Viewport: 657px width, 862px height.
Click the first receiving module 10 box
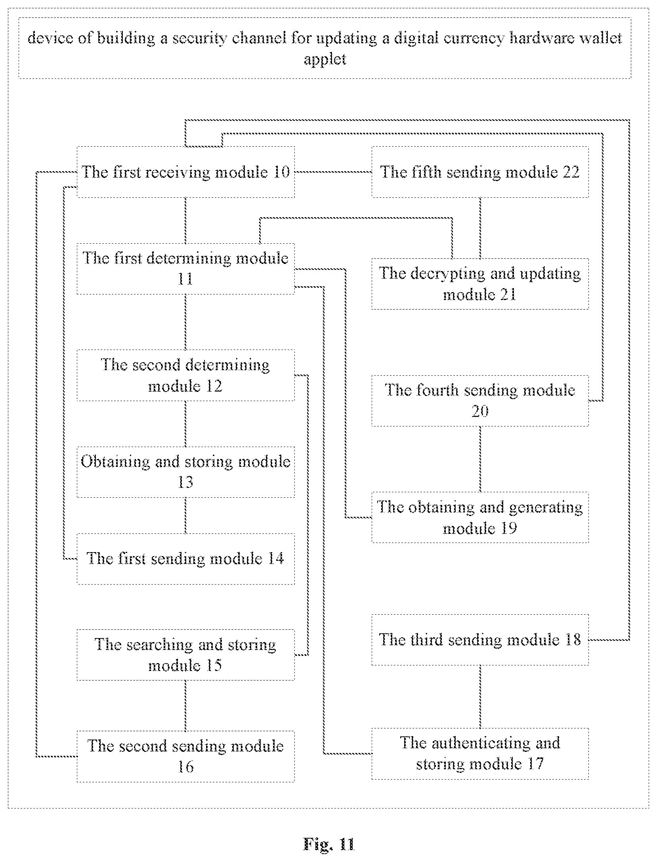click(185, 172)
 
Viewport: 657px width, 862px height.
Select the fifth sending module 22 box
click(480, 172)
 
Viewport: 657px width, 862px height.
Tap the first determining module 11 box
click(185, 269)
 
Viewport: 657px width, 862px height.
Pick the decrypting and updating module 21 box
click(480, 284)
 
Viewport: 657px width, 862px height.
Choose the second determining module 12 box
click(185, 375)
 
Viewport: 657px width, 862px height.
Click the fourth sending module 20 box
click(480, 401)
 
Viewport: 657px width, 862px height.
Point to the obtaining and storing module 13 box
click(185, 472)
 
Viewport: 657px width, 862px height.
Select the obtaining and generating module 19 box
click(480, 517)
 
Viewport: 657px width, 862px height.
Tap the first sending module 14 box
click(185, 558)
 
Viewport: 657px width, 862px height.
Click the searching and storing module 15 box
click(185, 655)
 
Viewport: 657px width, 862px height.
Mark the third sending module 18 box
click(480, 640)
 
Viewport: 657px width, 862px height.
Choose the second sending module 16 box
click(185, 756)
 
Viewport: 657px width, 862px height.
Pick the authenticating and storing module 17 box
click(480, 753)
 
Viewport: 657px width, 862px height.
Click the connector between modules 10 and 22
click(333, 172)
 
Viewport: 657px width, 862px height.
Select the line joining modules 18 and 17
click(480, 697)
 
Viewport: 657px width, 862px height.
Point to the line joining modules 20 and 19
click(480, 459)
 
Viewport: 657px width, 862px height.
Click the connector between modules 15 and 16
click(185, 705)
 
